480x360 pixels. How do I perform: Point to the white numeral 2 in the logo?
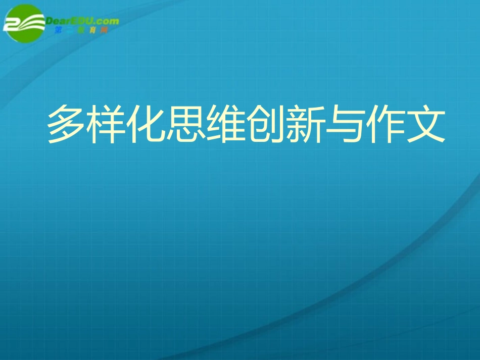tap(12, 24)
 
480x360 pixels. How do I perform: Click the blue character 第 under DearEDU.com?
tap(58, 30)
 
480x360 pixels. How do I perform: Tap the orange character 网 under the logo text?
tap(104, 30)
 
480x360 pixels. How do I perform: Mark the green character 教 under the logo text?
tap(81, 30)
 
